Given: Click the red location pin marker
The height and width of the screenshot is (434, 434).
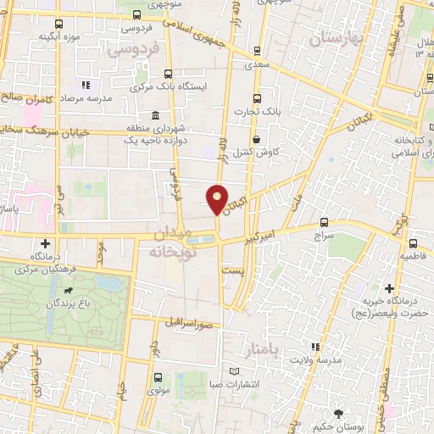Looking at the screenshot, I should tap(218, 199).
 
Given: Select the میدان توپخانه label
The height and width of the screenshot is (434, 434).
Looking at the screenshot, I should tap(175, 242).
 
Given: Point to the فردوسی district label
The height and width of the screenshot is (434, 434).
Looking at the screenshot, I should tap(134, 50).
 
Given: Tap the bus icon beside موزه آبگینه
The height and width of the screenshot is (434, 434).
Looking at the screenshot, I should tap(58, 25).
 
